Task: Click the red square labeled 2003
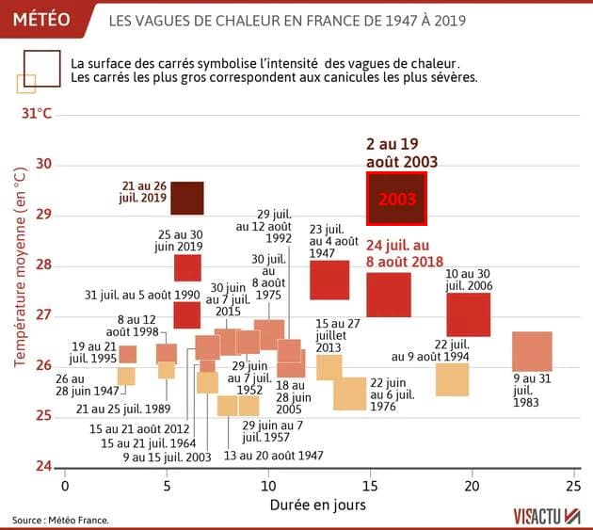point(396,199)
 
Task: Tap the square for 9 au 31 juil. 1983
point(532,351)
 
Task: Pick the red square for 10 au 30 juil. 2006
point(469,314)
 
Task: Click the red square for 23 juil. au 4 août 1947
point(329,280)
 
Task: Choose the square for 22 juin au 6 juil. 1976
point(349,393)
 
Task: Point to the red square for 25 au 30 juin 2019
point(187,267)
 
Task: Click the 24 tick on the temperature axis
point(42,466)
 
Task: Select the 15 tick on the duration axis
point(370,486)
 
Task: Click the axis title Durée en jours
point(316,504)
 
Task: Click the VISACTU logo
point(547,515)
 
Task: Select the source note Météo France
point(61,519)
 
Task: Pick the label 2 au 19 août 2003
point(402,153)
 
